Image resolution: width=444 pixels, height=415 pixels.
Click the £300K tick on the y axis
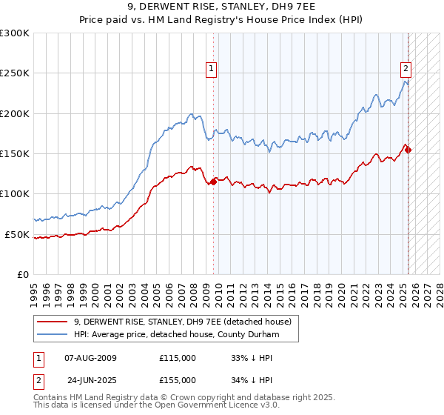[15, 33]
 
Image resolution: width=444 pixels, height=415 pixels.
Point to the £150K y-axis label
[15, 154]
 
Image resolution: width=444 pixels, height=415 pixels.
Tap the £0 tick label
[22, 274]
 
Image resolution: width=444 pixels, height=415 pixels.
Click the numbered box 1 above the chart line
[212, 69]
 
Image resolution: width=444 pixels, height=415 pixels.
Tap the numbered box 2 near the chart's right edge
[406, 69]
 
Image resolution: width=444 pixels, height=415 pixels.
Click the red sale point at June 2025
[408, 150]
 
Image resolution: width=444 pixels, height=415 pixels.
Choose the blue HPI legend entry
[175, 334]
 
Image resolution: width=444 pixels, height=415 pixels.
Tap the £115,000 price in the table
[178, 357]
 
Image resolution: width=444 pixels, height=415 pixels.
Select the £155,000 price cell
[178, 379]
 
